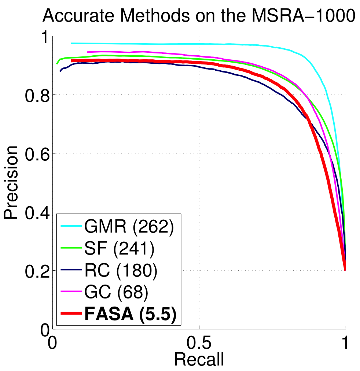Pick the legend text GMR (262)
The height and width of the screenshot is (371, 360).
[x=128, y=227]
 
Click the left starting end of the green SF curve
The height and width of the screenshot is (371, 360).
[x=56, y=64]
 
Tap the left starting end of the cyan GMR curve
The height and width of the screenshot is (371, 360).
[x=71, y=43]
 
